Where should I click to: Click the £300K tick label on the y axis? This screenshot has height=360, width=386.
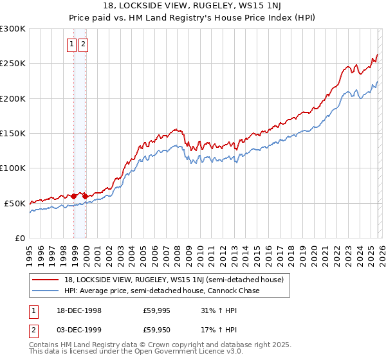[13, 29]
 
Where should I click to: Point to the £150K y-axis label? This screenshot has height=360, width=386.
[13, 134]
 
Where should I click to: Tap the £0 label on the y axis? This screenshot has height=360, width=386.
[19, 238]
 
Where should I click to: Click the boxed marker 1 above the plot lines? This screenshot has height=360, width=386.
[72, 44]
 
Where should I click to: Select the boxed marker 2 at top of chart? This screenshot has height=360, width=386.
[84, 44]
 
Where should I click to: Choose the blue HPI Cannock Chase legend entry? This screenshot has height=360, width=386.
[161, 291]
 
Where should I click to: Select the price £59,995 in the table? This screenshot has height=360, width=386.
[156, 310]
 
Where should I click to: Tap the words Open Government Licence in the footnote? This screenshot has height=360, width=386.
[195, 352]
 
